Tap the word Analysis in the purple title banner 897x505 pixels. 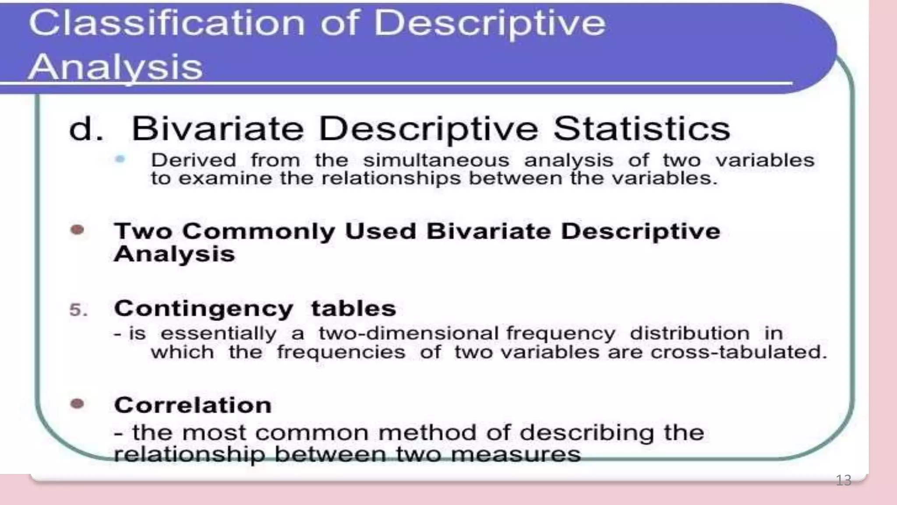[115, 67]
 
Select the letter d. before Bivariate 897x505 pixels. [86, 129]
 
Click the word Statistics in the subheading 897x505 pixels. [642, 129]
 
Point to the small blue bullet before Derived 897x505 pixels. [120, 159]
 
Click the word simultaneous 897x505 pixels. [436, 160]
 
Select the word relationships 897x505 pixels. [391, 178]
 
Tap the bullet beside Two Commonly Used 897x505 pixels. [77, 230]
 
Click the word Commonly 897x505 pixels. [258, 232]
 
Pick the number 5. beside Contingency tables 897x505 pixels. [78, 310]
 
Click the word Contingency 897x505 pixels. [204, 309]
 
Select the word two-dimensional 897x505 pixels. [408, 334]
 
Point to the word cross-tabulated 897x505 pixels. [738, 352]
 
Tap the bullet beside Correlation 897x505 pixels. [77, 403]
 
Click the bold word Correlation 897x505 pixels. [193, 405]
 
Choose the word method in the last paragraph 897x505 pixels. [427, 433]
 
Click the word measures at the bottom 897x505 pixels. [516, 455]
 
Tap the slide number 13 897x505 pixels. [843, 480]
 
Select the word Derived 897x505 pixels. [193, 160]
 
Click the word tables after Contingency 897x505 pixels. [353, 308]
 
